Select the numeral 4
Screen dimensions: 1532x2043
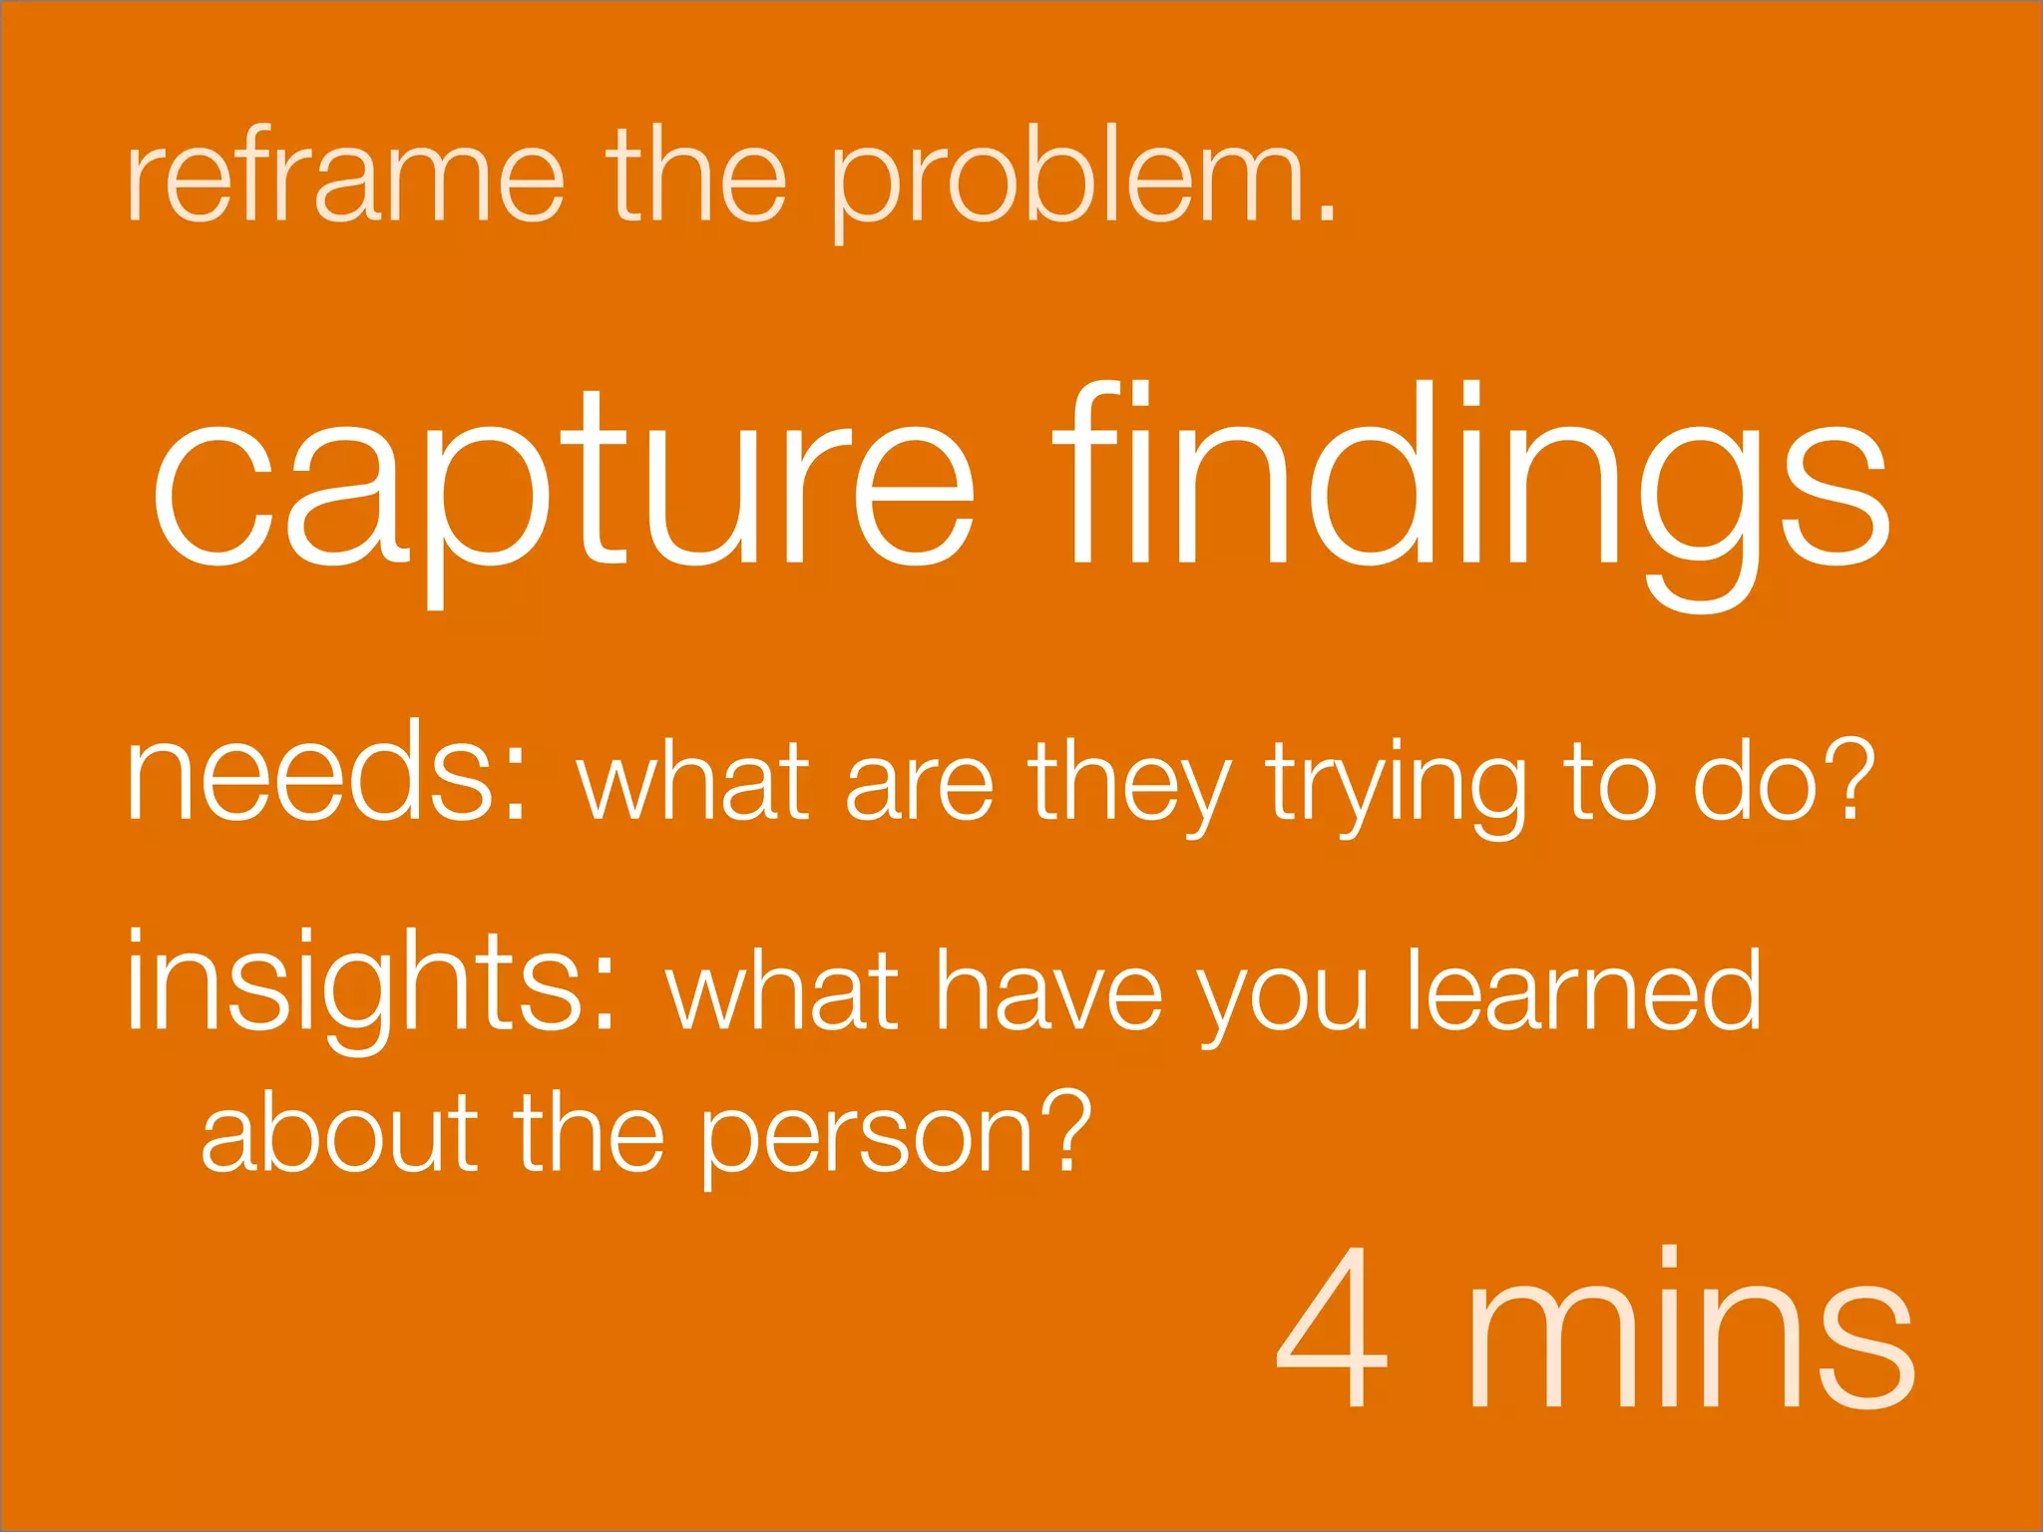point(1332,1327)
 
